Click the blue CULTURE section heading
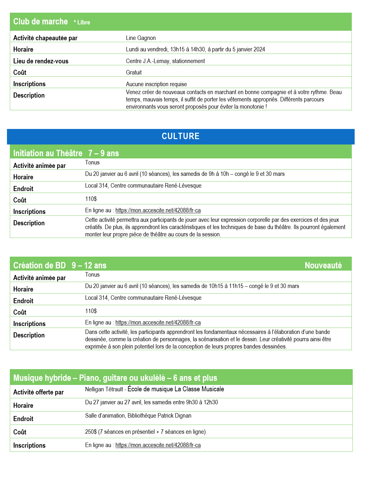tap(180, 136)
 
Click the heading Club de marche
tap(41, 22)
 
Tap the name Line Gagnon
tap(141, 38)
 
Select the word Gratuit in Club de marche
tap(134, 73)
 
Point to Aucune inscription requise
tap(156, 84)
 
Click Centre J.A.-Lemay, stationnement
tap(165, 61)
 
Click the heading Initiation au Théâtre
tap(48, 153)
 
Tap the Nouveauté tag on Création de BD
tap(323, 266)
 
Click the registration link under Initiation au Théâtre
tap(158, 210)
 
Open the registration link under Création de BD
tap(158, 323)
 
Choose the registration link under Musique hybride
tap(158, 445)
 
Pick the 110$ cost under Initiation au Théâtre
tap(91, 199)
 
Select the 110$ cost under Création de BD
tap(91, 311)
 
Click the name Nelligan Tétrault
tap(104, 389)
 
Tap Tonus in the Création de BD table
tap(92, 275)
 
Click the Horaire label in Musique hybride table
tap(23, 406)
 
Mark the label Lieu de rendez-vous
tap(41, 61)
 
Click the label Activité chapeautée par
tap(45, 38)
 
